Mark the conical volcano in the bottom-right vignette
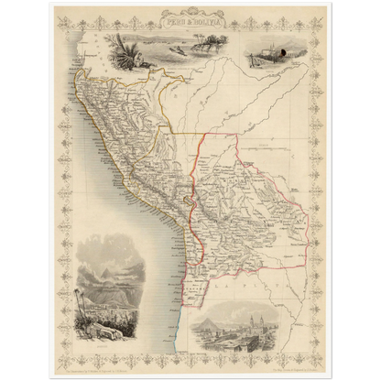tap(207, 317)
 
